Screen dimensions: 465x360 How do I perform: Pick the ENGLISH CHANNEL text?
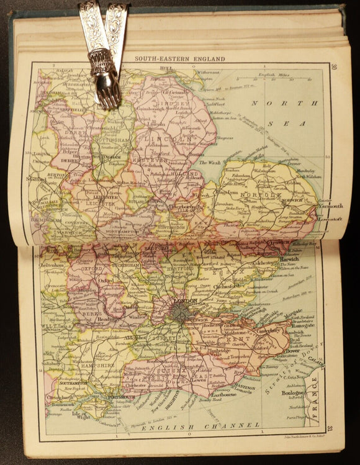coord(200,425)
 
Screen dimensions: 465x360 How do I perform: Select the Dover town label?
coord(292,351)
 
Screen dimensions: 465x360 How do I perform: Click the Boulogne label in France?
coord(289,394)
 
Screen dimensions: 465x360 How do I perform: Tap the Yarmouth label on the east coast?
coord(329,206)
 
